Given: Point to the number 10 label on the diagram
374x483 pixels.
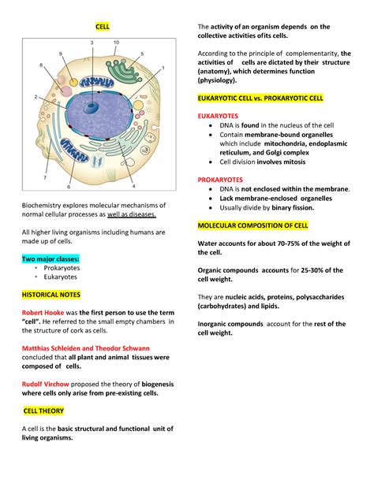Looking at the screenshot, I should pyautogui.click(x=116, y=42).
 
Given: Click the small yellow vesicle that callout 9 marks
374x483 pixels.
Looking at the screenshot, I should pyautogui.click(x=73, y=80).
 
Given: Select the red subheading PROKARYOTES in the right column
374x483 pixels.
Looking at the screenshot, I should pyautogui.click(x=223, y=179).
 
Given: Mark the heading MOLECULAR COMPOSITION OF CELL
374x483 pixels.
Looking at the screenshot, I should pyautogui.click(x=252, y=225).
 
